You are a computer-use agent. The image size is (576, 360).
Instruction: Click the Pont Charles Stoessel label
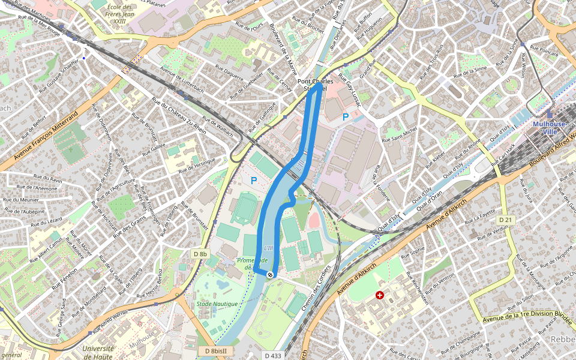(x=315, y=85)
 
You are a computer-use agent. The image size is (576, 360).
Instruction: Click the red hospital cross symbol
(x=379, y=295)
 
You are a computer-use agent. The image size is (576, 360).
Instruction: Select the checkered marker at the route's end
(x=271, y=274)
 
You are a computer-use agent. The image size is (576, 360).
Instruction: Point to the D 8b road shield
(x=200, y=254)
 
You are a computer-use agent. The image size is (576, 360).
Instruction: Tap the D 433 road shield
(x=272, y=355)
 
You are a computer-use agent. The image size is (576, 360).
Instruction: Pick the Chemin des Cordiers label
(x=317, y=289)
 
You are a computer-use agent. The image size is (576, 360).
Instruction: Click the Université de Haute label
(x=98, y=353)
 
